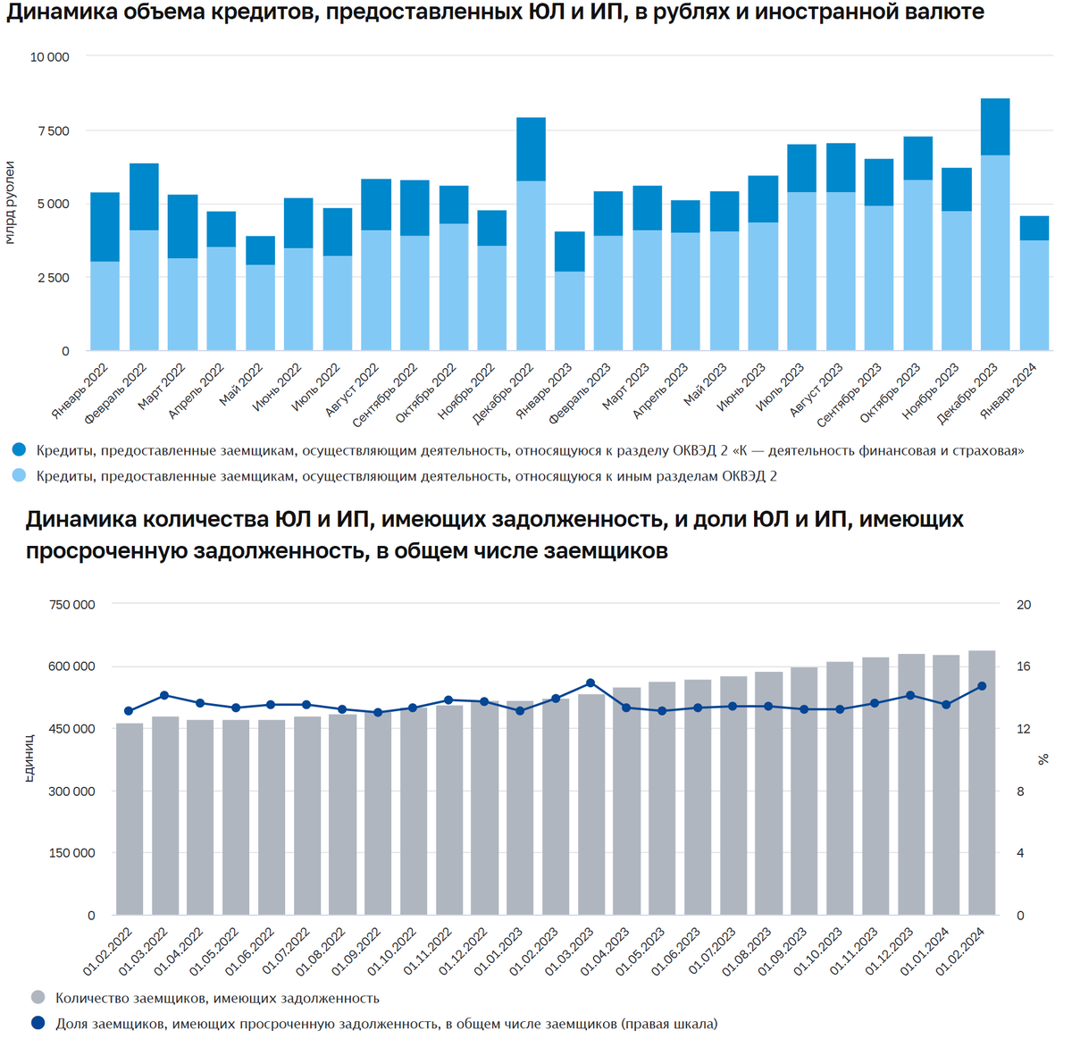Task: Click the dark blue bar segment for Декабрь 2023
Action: [994, 127]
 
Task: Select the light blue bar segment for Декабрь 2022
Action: [531, 265]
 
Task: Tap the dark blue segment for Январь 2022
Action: [105, 227]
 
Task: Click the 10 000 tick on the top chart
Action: [50, 57]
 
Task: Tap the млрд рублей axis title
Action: [10, 203]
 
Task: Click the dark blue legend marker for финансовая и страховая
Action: [19, 450]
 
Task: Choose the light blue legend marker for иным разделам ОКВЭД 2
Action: [19, 476]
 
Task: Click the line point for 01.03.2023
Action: [590, 683]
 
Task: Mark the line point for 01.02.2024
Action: [982, 686]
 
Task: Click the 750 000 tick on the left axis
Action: [72, 605]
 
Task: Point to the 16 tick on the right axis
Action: [1024, 666]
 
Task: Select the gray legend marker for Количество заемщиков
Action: [38, 998]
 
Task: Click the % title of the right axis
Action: [1043, 759]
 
